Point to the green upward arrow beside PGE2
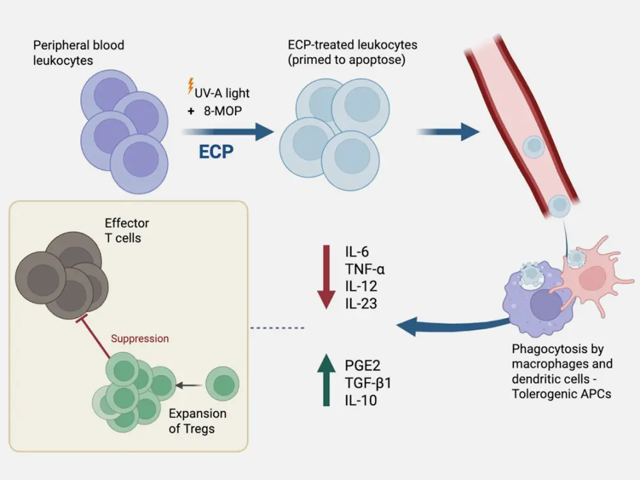pyautogui.click(x=326, y=381)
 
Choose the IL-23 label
pyautogui.click(x=359, y=303)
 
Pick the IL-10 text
pyautogui.click(x=360, y=401)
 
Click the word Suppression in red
pyautogui.click(x=140, y=338)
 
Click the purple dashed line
pyautogui.click(x=277, y=328)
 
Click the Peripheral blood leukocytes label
pyautogui.click(x=79, y=53)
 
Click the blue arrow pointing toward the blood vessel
pyautogui.click(x=448, y=132)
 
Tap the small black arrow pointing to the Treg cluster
pyautogui.click(x=189, y=385)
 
